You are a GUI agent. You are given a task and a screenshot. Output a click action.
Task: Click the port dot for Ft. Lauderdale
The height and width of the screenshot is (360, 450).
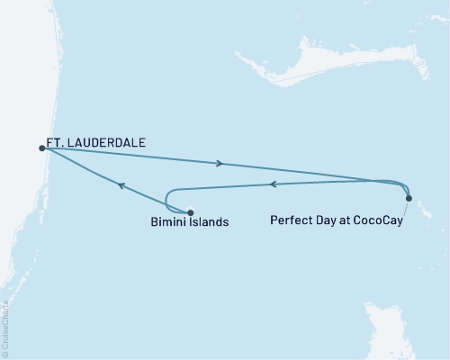pyautogui.click(x=42, y=148)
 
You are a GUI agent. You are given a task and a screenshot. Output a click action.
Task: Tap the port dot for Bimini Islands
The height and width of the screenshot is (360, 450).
pyautogui.click(x=190, y=213)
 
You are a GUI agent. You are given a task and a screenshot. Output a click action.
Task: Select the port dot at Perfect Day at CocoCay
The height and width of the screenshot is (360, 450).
pyautogui.click(x=409, y=198)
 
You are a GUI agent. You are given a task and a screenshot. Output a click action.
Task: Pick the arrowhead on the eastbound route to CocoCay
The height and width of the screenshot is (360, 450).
pyautogui.click(x=220, y=164)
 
